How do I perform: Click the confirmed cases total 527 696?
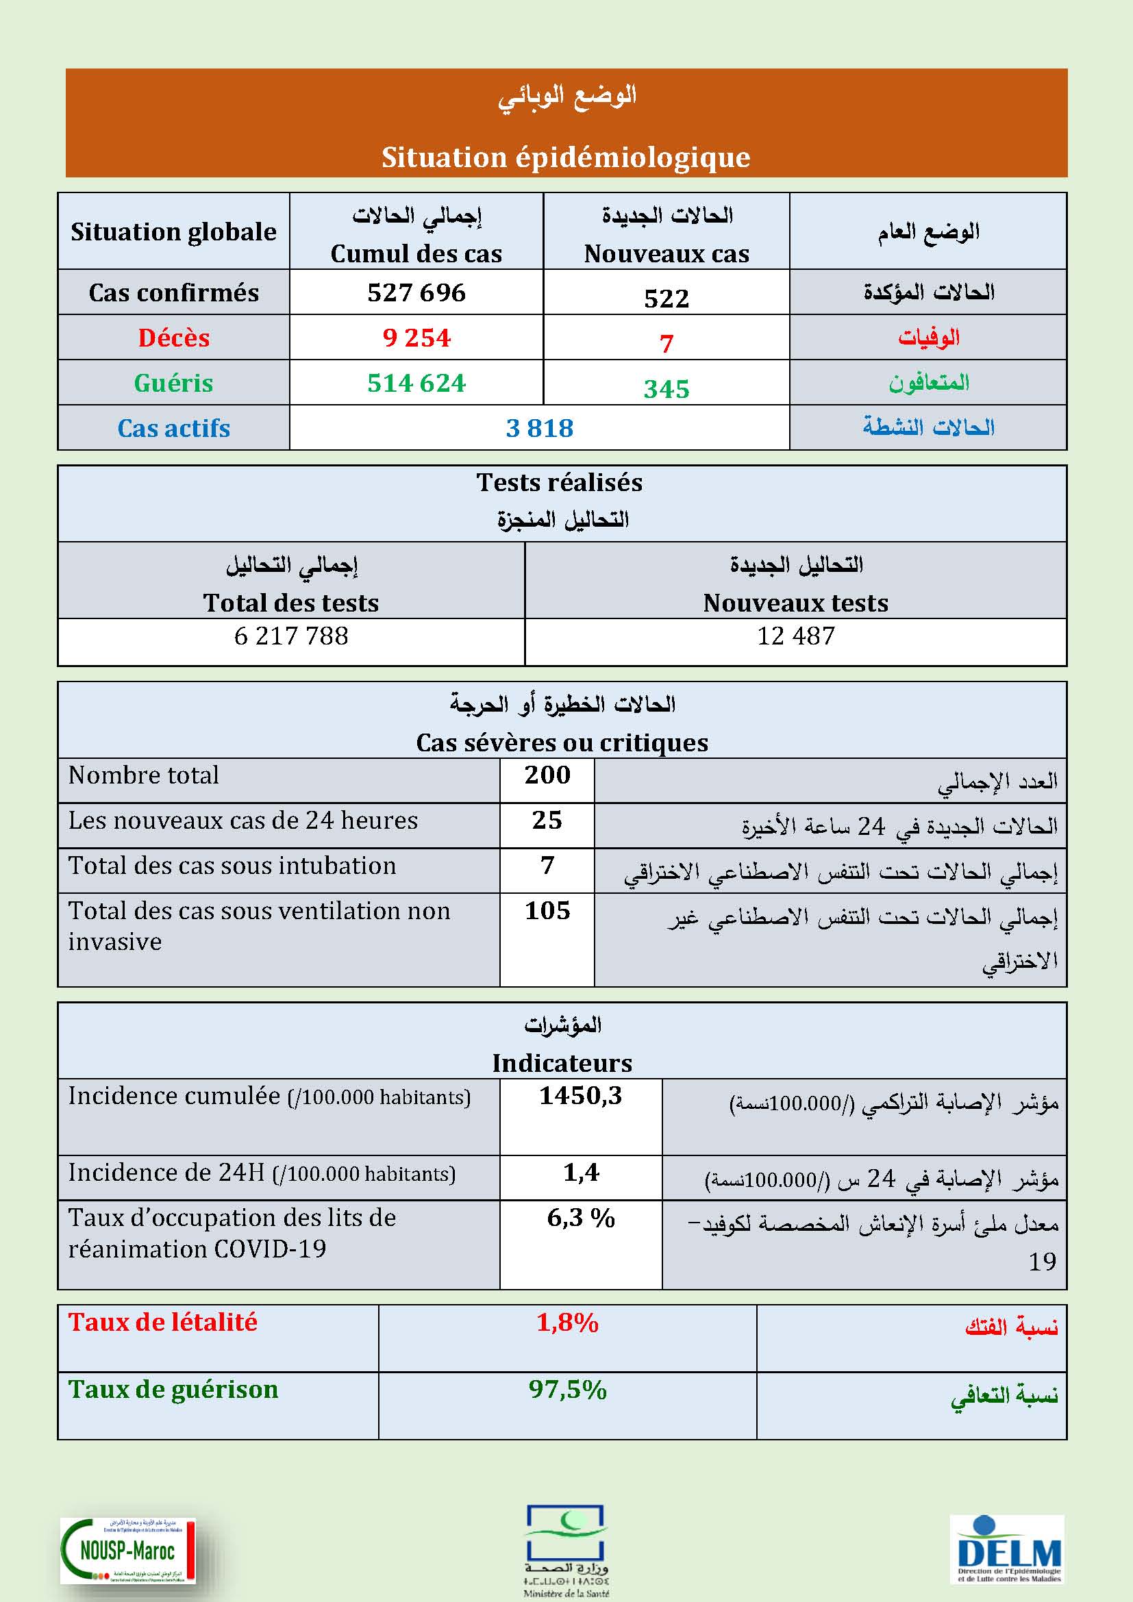(x=416, y=292)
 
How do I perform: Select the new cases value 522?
(x=667, y=299)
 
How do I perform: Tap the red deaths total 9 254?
(x=416, y=338)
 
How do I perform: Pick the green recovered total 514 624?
(x=416, y=383)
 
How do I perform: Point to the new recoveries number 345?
(x=667, y=388)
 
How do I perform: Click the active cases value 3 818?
(x=539, y=427)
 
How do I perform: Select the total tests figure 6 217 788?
(x=291, y=636)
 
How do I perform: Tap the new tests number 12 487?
(x=795, y=636)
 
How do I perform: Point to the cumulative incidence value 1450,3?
(x=580, y=1095)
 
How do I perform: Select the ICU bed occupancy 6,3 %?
(x=580, y=1218)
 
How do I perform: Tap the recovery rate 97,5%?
(x=567, y=1389)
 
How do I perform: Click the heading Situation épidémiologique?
(x=566, y=157)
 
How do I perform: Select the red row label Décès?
(x=174, y=338)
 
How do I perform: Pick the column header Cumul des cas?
(x=416, y=253)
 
